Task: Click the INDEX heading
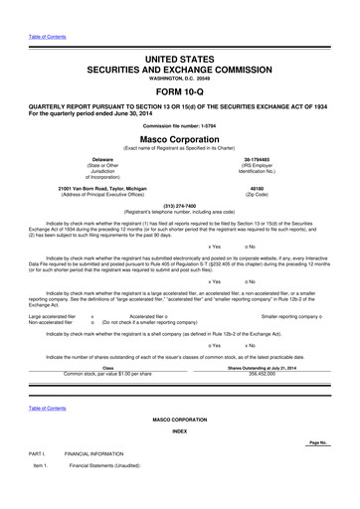coord(180,431)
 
